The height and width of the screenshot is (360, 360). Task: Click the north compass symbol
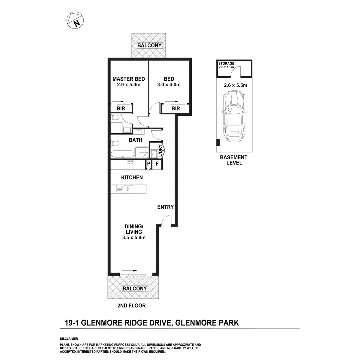[x=75, y=20]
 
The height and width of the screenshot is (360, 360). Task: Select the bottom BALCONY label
[x=135, y=288]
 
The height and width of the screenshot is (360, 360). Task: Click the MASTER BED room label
[x=129, y=79]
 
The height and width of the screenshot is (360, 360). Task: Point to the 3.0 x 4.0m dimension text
[x=169, y=85]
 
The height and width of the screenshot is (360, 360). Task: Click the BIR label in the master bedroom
[x=121, y=109]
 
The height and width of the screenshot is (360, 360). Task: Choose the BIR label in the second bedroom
[x=176, y=109]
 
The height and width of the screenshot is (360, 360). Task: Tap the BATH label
[x=136, y=140]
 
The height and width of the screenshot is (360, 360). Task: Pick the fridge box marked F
[x=157, y=164]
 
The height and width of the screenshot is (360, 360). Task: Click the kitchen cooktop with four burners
[x=130, y=164]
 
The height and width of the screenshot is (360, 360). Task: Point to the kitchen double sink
[x=125, y=189]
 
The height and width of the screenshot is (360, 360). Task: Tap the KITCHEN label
[x=132, y=178]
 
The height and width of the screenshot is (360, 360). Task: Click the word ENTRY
[x=165, y=207]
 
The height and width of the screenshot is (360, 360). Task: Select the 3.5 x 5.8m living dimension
[x=134, y=238]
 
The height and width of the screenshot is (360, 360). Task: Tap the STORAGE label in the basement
[x=226, y=63]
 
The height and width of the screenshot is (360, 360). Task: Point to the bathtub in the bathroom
[x=122, y=154]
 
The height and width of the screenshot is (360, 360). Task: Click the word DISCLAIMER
[x=69, y=338]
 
